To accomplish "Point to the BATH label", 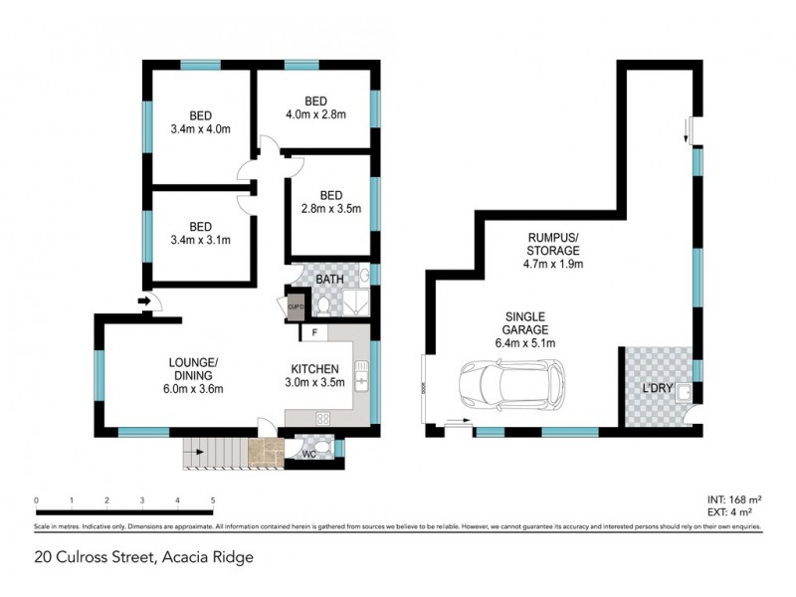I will (329, 280).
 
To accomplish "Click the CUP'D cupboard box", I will (296, 307).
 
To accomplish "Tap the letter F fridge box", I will (314, 332).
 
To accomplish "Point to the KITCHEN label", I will (317, 367).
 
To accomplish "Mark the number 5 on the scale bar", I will (212, 500).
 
